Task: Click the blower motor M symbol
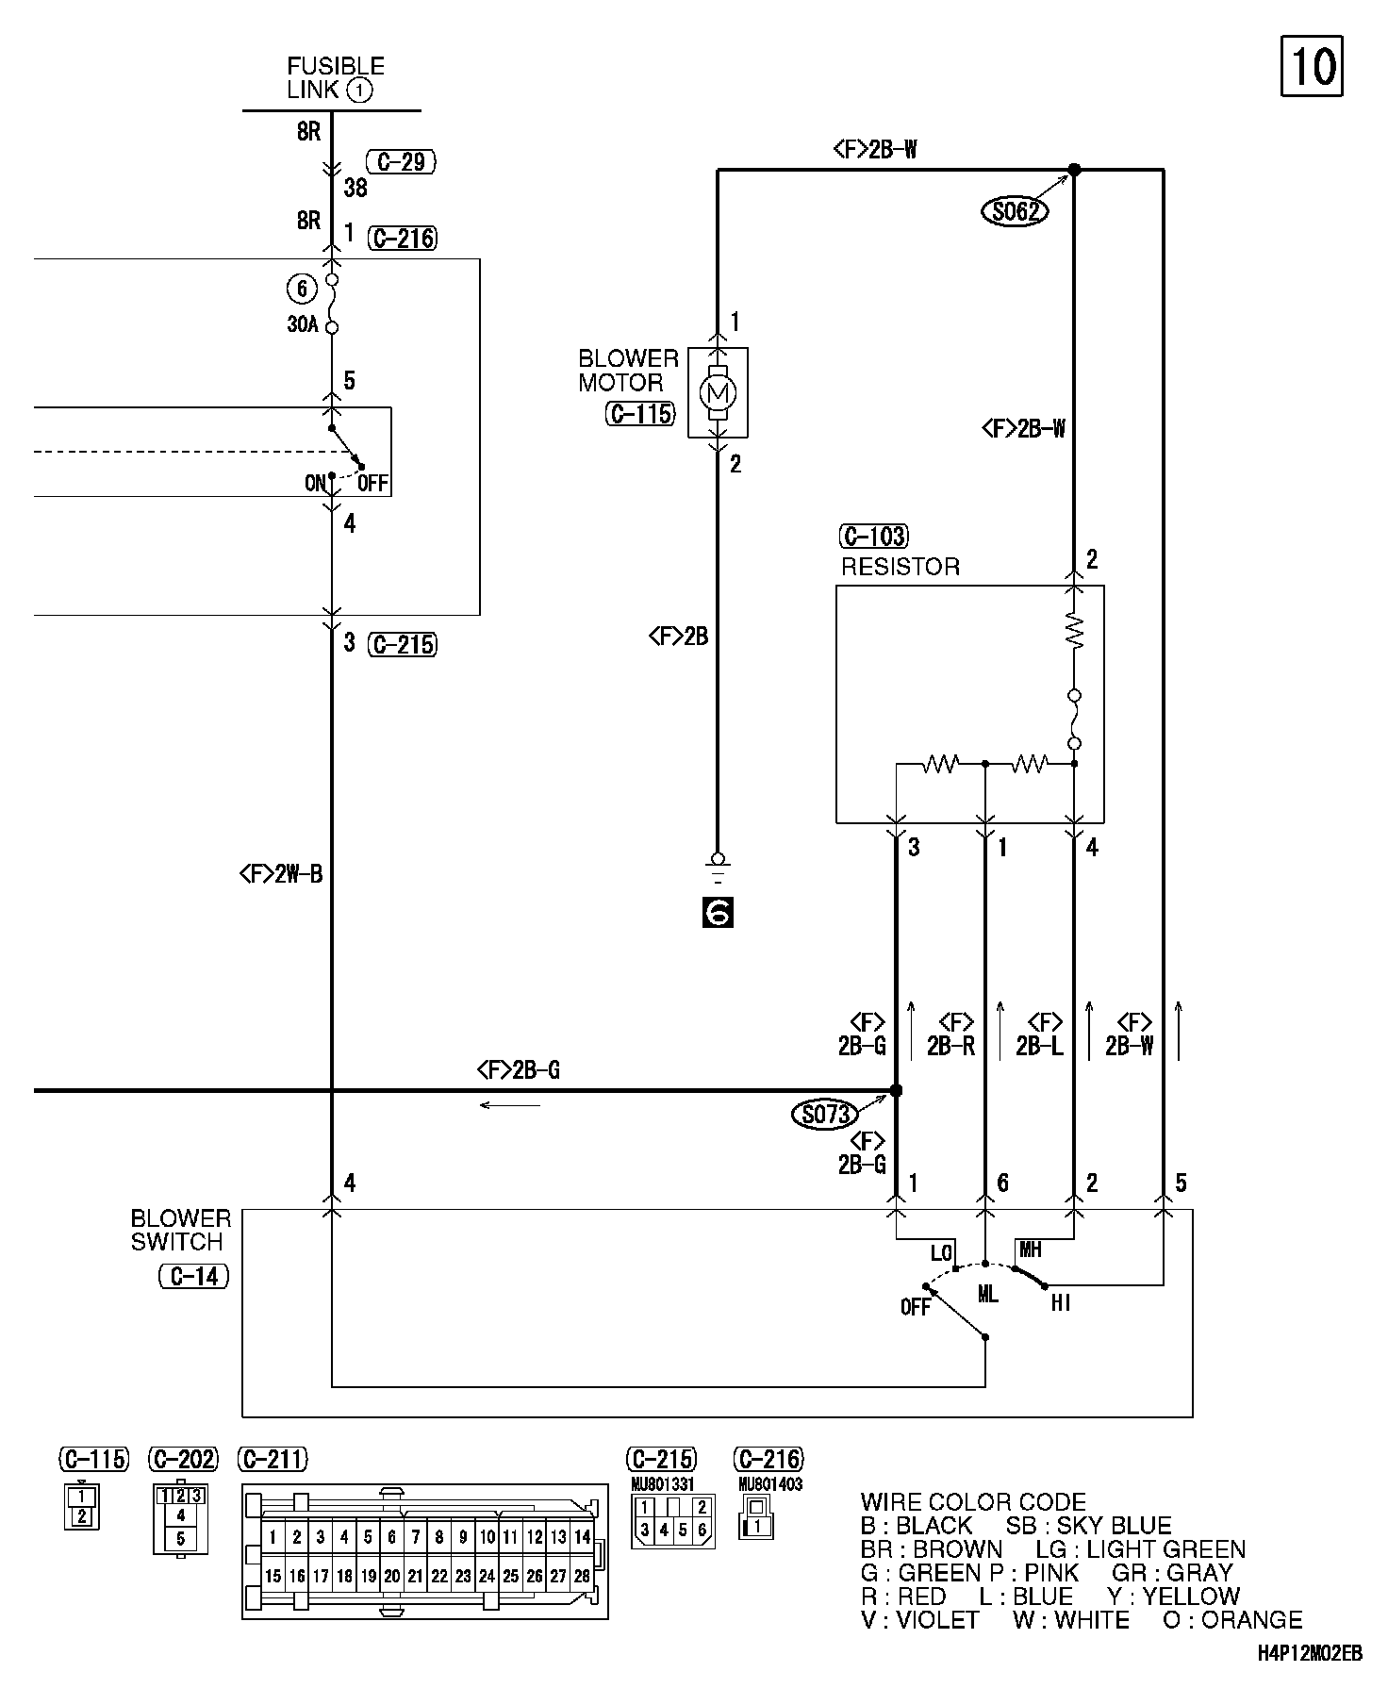tap(719, 391)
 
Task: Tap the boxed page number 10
tap(1312, 67)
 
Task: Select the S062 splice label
tap(1015, 211)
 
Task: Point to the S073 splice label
tap(826, 1115)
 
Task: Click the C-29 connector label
tap(401, 162)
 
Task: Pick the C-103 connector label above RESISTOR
tap(874, 537)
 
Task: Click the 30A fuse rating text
tap(303, 324)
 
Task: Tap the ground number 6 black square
tap(718, 912)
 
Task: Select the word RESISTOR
tap(901, 567)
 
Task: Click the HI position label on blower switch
tap(1061, 1303)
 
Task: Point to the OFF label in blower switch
tap(916, 1307)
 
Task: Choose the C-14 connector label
tap(194, 1276)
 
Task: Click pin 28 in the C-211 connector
tap(582, 1575)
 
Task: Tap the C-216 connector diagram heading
tap(768, 1460)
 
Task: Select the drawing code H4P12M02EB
tap(1309, 1653)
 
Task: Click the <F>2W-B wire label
tap(281, 875)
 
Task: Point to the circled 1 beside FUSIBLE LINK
tap(360, 91)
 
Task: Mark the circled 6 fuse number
tap(301, 289)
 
